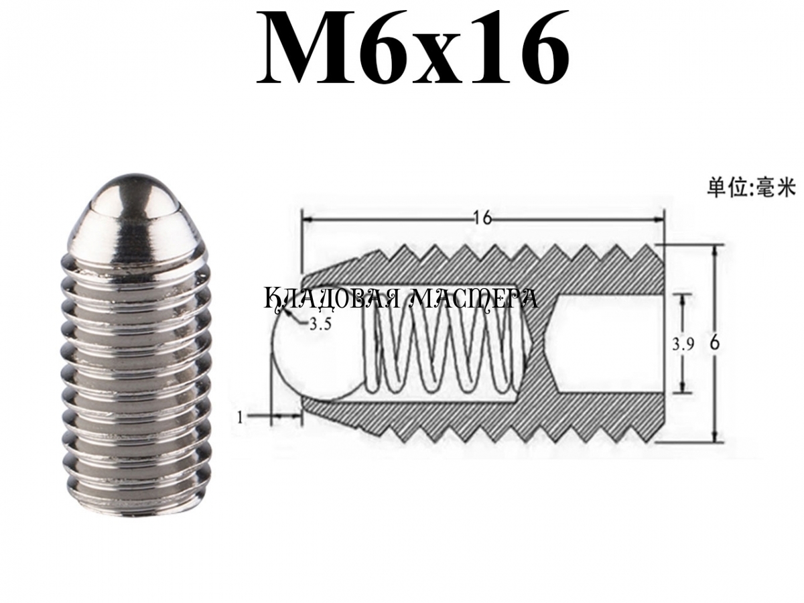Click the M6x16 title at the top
413,47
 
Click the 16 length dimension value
483,218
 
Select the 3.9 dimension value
683,345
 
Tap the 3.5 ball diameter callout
320,324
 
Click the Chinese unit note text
751,190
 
